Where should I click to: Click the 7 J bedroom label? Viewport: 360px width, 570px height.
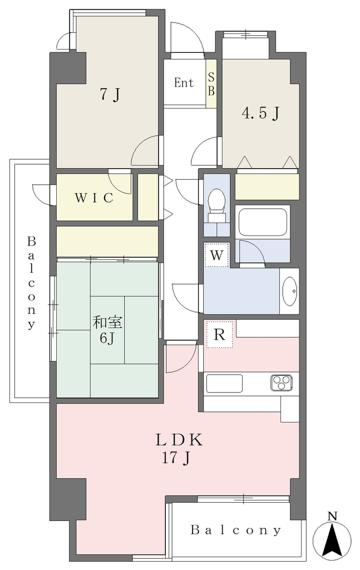(110, 95)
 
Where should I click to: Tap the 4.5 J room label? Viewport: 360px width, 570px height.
(260, 114)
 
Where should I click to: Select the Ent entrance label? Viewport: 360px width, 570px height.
(184, 83)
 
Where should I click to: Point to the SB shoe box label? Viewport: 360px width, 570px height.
(211, 83)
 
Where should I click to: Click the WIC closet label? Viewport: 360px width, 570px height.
(94, 198)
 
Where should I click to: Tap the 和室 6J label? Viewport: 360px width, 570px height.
(107, 330)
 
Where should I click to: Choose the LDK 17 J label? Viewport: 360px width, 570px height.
(179, 449)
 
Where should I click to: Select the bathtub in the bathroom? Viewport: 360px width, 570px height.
(263, 222)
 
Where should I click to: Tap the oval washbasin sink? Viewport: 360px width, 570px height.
(289, 291)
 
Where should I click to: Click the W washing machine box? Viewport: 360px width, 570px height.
(216, 255)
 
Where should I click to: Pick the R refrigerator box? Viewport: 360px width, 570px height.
(219, 334)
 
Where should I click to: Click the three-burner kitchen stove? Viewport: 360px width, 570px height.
(282, 382)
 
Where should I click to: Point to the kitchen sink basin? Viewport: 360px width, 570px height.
(224, 383)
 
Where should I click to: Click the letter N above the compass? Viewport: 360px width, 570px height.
(332, 516)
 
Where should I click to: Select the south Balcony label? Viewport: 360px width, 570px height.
(236, 530)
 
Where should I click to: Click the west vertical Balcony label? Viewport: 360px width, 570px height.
(32, 283)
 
